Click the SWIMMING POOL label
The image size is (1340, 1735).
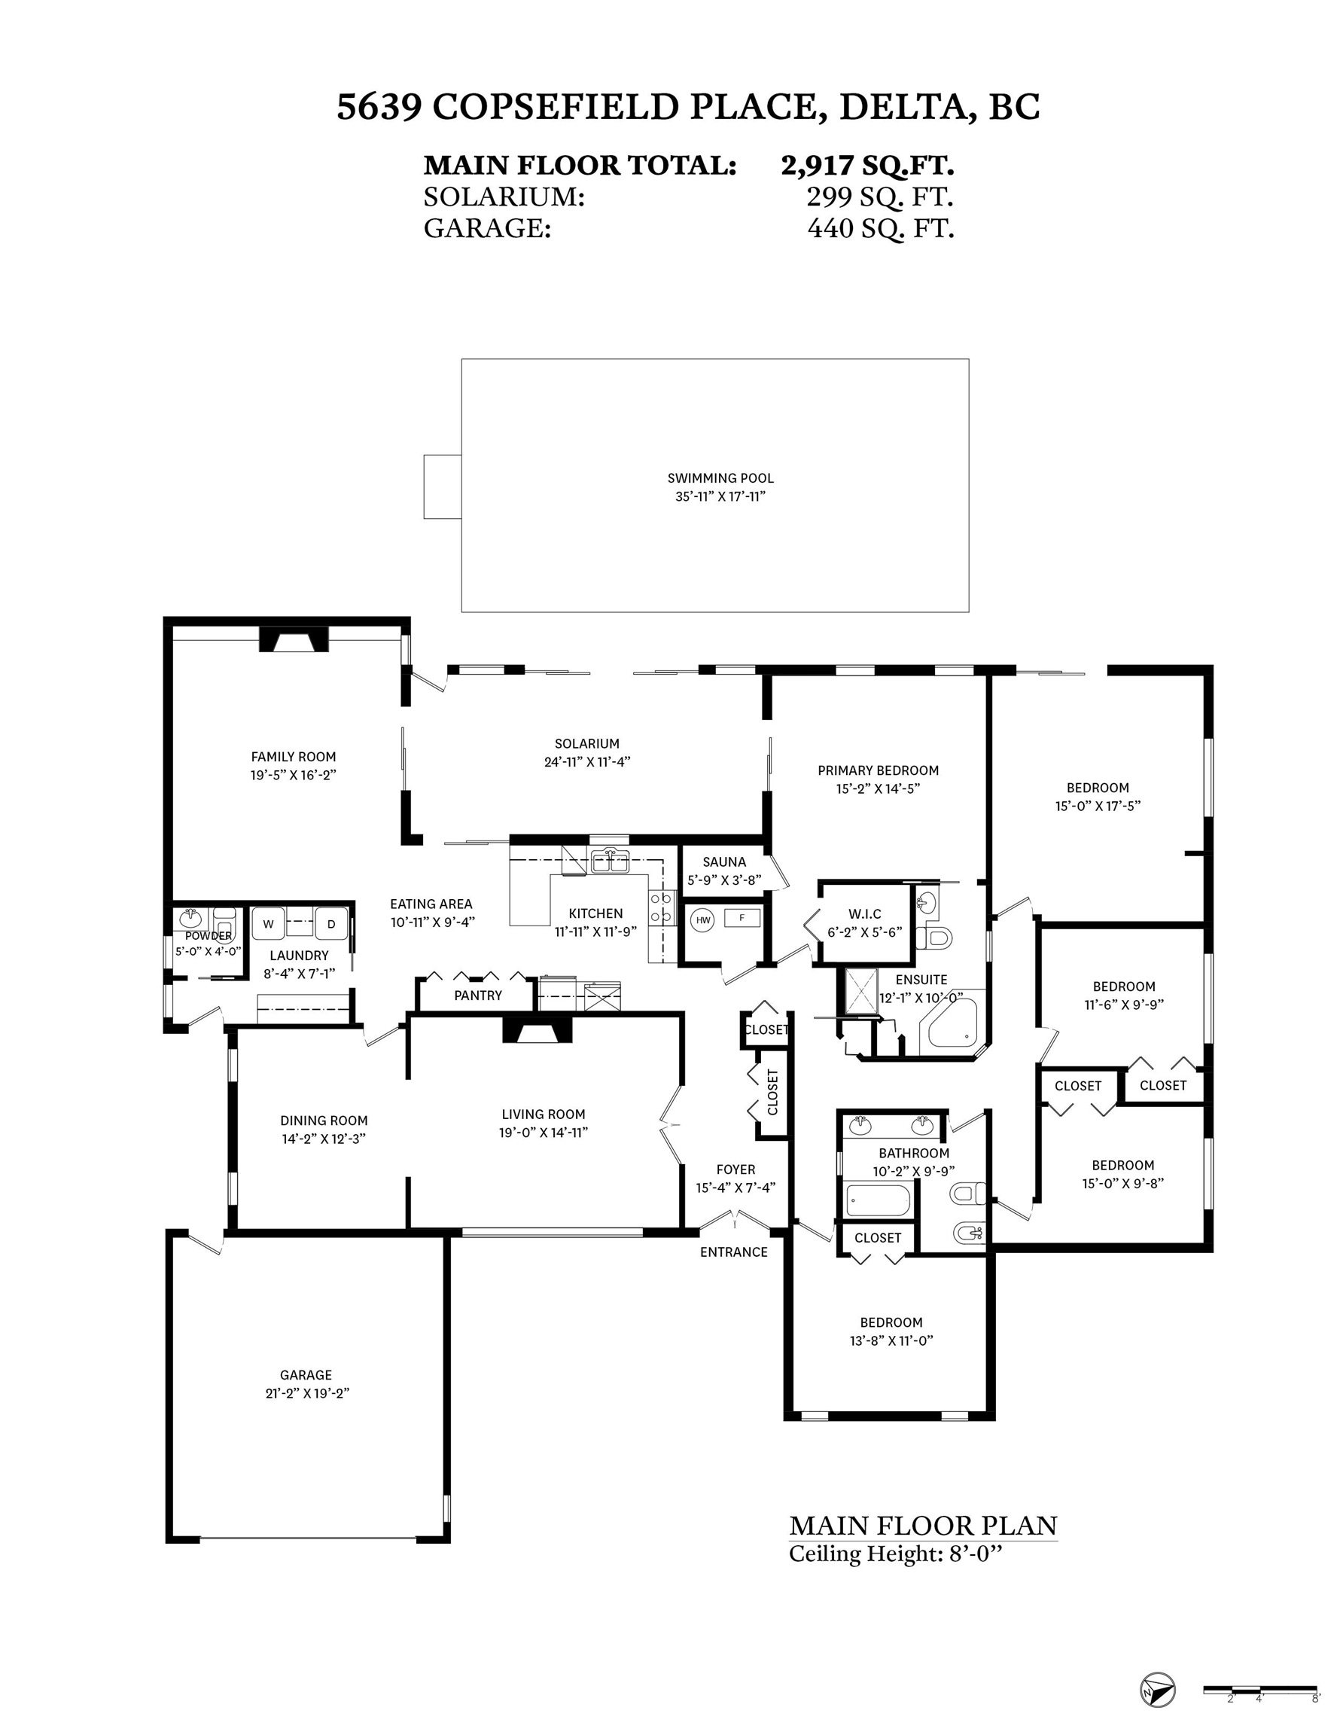[x=720, y=478]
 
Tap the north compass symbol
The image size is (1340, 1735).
[x=1157, y=1690]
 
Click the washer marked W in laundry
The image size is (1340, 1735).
[x=269, y=924]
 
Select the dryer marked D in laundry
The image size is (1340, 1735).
[x=331, y=924]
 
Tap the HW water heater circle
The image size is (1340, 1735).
[x=703, y=920]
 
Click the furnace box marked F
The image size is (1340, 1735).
[x=742, y=919]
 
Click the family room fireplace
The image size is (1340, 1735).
[x=294, y=639]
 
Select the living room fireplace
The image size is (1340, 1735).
[x=537, y=1030]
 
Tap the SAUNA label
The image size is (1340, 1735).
[x=724, y=862]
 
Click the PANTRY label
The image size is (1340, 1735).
[x=478, y=996]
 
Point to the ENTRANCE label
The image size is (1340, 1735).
[x=734, y=1252]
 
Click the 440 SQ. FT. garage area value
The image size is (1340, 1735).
[x=880, y=228]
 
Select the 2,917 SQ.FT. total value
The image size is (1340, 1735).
[x=867, y=165]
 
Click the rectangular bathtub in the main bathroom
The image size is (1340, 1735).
[x=878, y=1200]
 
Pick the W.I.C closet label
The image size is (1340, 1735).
[x=865, y=914]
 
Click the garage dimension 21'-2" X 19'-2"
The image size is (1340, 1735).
[x=307, y=1392]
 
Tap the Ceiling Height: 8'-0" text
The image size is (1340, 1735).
[x=896, y=1553]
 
